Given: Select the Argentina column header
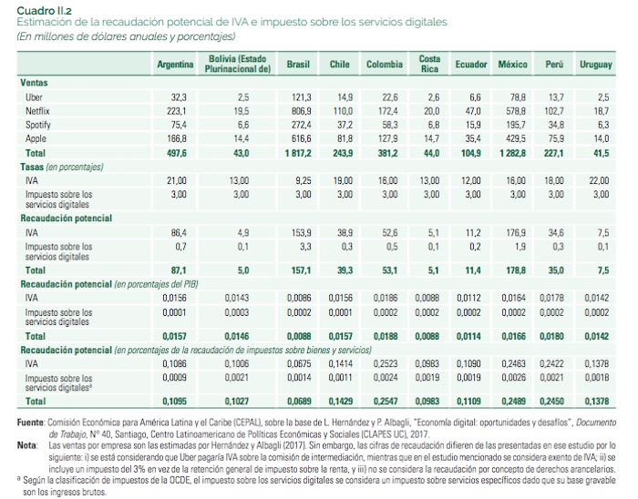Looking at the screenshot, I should [175, 65].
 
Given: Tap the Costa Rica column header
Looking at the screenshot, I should [430, 64].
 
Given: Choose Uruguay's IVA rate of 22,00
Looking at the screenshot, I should [599, 181].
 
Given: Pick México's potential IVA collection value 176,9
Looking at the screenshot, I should [516, 233].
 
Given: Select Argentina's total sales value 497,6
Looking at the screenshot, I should [174, 153].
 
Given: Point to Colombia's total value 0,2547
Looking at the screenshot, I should [384, 401].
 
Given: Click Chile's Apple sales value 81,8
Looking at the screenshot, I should [343, 138].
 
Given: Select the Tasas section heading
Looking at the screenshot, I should [35, 168].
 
